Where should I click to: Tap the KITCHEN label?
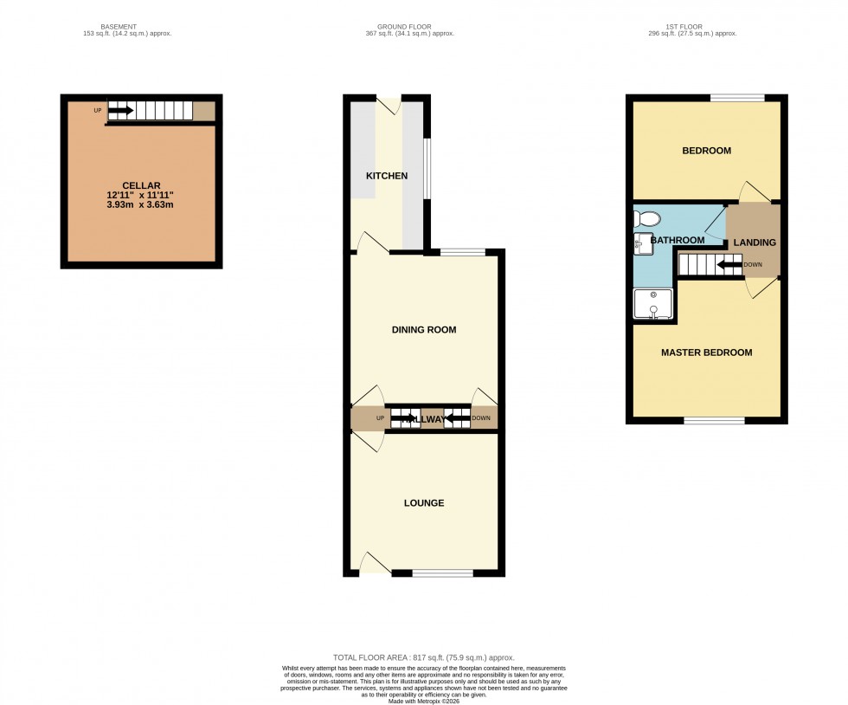point(387,176)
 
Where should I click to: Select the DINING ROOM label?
point(423,330)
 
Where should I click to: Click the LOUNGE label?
point(423,503)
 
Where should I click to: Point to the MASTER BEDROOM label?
point(706,352)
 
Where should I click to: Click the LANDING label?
point(755,243)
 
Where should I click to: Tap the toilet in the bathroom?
point(647,218)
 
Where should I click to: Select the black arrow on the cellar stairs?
point(120,111)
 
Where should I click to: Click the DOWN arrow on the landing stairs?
point(729,264)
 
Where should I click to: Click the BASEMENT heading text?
point(119,27)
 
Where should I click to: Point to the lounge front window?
point(442,572)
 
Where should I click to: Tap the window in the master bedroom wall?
point(714,421)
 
